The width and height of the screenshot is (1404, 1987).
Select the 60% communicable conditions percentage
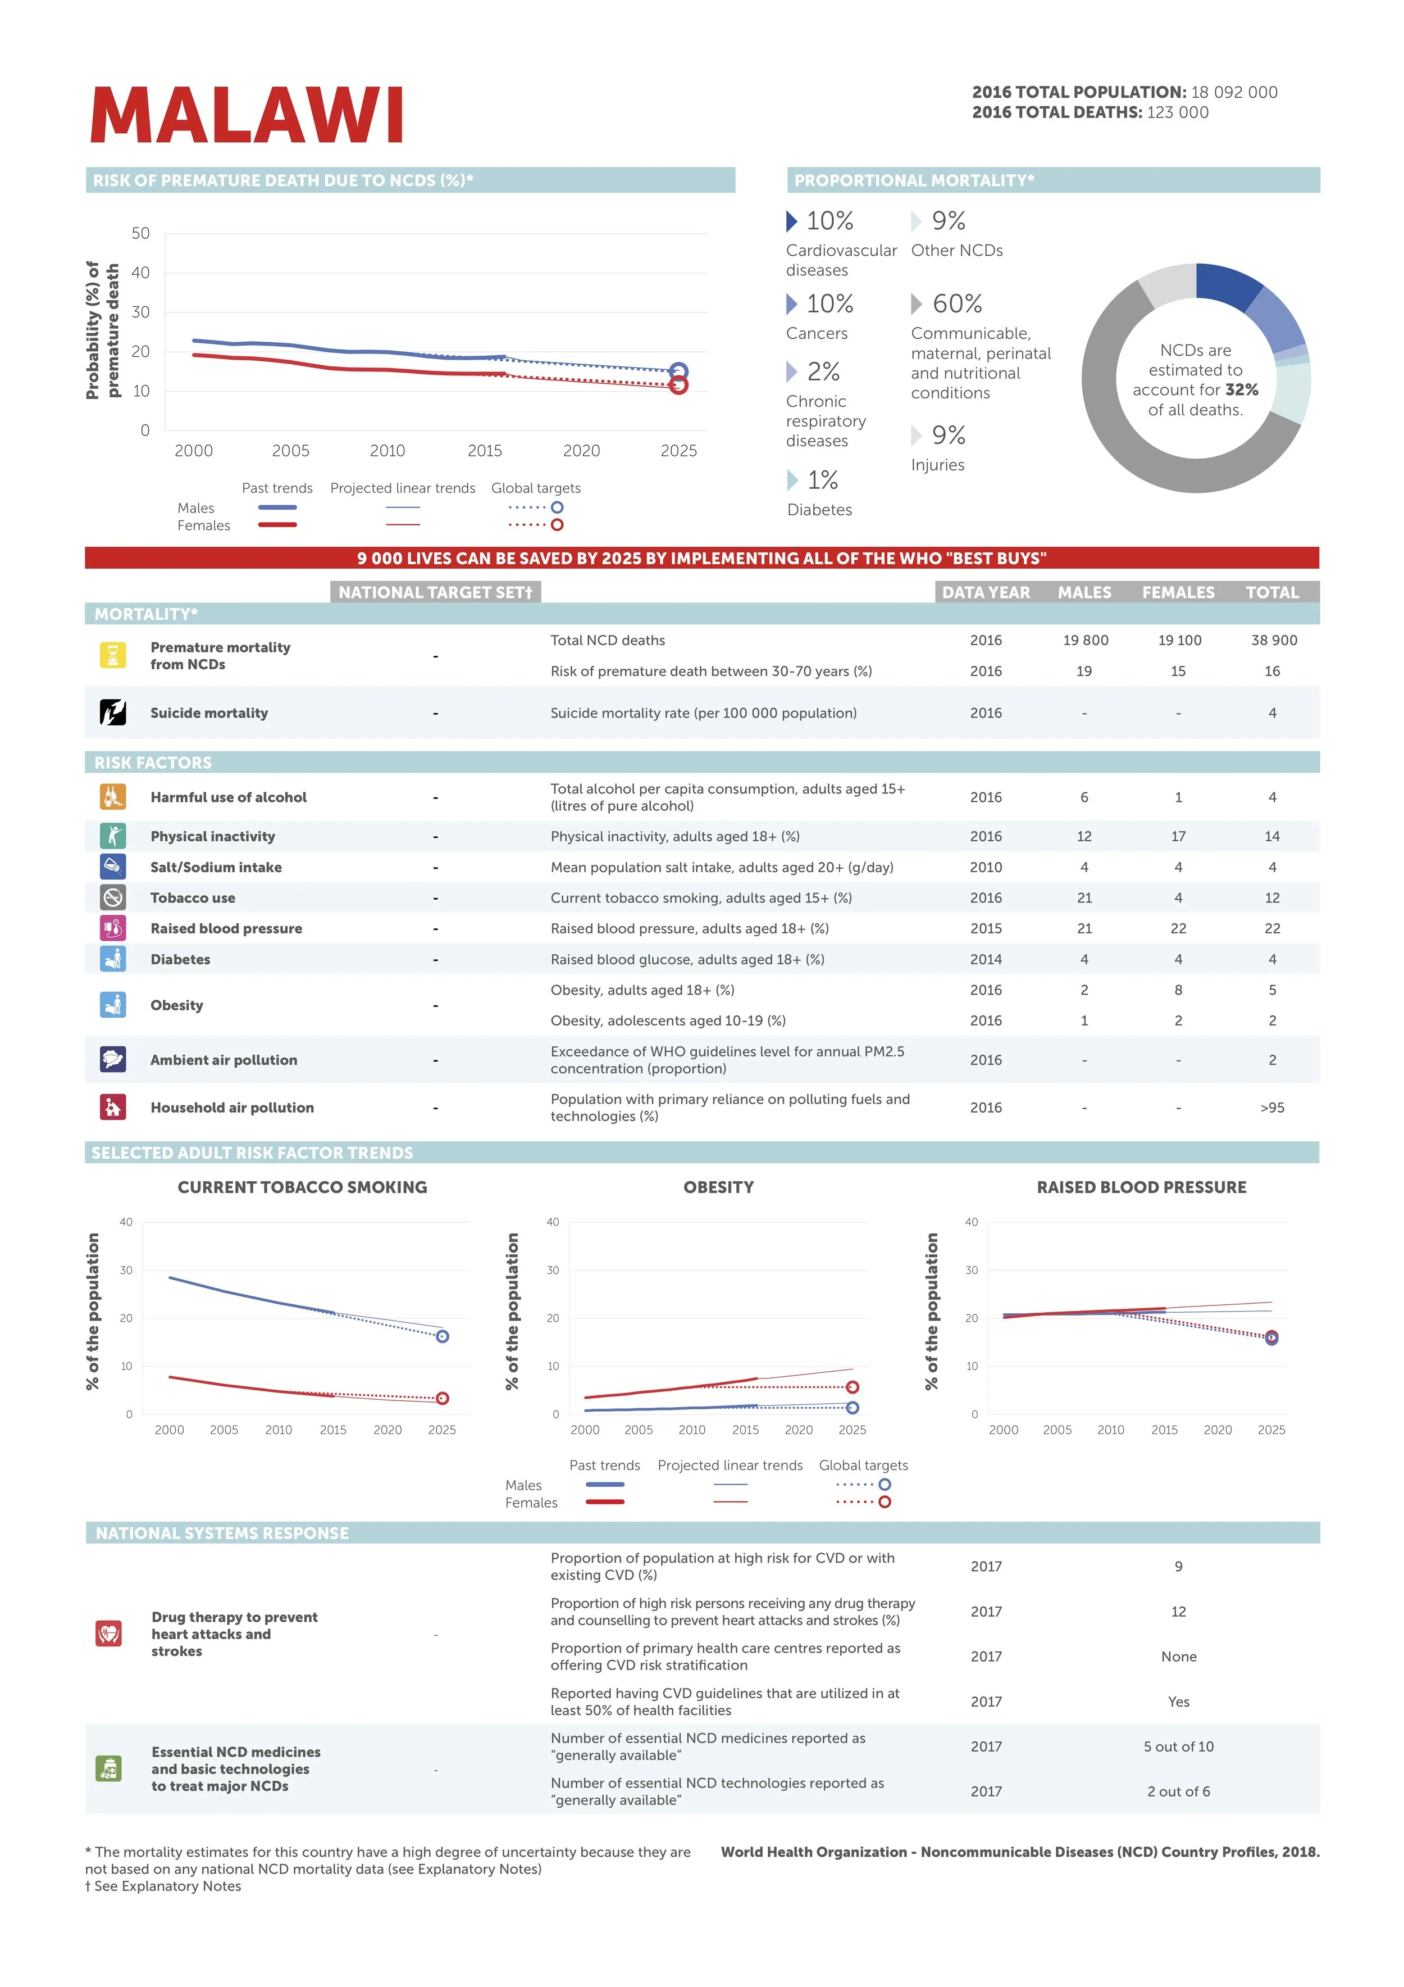tap(957, 304)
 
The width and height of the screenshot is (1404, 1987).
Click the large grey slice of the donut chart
tap(1124, 407)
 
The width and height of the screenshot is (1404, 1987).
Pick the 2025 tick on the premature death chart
tap(678, 451)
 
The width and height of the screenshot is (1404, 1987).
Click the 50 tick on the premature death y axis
tap(140, 234)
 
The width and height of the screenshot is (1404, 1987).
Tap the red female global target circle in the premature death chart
tap(678, 385)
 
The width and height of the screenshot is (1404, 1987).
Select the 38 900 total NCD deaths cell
tap(1273, 641)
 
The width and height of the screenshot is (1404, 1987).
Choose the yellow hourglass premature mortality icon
tap(112, 655)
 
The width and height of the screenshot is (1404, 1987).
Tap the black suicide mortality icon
tap(112, 712)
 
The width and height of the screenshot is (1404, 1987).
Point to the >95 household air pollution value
tap(1271, 1108)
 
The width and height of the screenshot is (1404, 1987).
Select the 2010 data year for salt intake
tap(985, 867)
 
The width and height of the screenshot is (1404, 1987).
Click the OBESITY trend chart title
tap(718, 1187)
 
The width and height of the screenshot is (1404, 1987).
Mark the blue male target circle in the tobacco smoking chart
tap(442, 1337)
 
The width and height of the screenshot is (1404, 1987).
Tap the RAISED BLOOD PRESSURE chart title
tap(1141, 1187)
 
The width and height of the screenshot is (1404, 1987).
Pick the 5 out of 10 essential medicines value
tap(1178, 1746)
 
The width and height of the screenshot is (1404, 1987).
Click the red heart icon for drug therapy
tap(109, 1634)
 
